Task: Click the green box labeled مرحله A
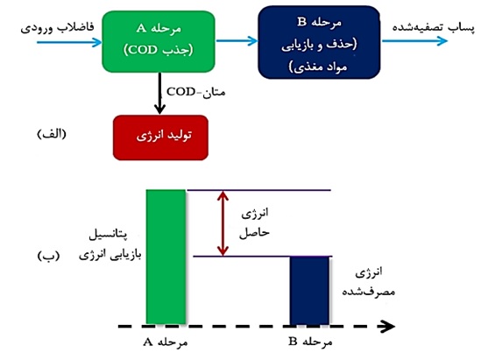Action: pos(159,42)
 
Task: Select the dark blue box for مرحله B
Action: pos(319,42)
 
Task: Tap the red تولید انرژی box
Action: pos(160,138)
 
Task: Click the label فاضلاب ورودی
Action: pos(57,28)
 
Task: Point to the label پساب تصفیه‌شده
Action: pos(434,28)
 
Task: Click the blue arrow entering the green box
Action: pos(69,42)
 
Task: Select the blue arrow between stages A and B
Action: pos(237,40)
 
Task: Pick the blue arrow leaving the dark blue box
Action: pos(414,41)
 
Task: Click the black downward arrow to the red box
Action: pos(159,93)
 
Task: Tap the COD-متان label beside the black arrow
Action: pos(196,92)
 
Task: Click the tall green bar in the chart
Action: pos(166,257)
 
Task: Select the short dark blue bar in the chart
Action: pos(309,291)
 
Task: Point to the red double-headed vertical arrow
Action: pos(223,223)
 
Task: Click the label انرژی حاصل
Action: pos(254,223)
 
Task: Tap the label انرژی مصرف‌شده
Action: pos(369,282)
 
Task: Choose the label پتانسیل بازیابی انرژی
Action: pos(110,245)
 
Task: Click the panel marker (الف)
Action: pos(52,134)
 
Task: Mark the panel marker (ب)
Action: pos(48,256)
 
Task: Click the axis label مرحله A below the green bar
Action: pos(166,342)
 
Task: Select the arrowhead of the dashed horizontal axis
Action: pos(387,326)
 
